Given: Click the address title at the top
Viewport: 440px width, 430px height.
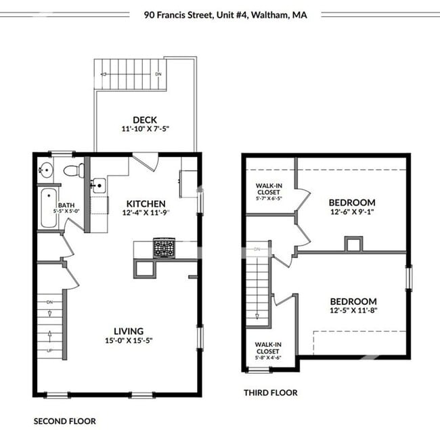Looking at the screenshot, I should pos(225,14).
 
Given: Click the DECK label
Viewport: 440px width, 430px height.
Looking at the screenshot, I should pos(145,120).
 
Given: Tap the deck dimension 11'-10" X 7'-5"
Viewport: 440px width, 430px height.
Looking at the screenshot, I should pos(145,129).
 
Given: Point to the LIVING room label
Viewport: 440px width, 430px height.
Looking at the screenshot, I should pos(129,331).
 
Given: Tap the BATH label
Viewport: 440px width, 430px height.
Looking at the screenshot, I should pos(66,205).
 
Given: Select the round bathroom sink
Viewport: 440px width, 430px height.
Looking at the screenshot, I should pos(45,170).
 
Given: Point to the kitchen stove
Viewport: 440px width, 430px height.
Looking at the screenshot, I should pos(164,248).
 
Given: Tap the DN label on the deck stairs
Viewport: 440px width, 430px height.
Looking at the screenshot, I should pos(158,74).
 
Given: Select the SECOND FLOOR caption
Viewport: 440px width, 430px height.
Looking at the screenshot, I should pos(64,421).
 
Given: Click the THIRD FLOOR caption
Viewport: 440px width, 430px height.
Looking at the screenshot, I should pos(270,392).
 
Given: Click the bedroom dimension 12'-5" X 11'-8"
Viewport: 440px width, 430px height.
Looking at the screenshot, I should pos(352,312).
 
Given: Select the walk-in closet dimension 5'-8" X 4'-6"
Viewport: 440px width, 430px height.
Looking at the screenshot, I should pos(268,358).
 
